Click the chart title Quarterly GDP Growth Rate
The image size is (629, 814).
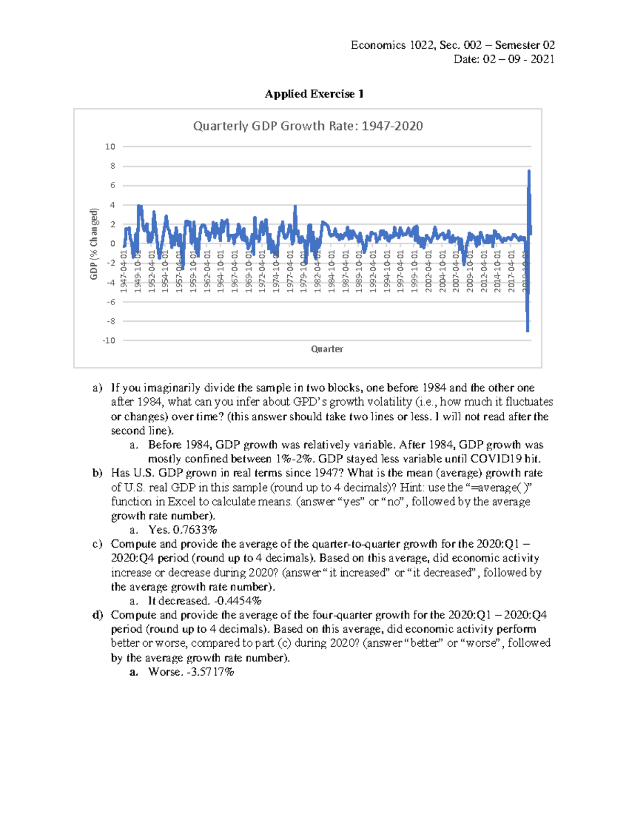pos(308,126)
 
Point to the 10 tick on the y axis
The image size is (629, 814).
pos(110,147)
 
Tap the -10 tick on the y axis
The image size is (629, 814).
pos(109,341)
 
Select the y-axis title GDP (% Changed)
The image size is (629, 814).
pos(94,244)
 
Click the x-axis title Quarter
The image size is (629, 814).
pos(327,349)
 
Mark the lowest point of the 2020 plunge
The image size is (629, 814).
pos(527,330)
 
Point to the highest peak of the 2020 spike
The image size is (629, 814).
pos(529,171)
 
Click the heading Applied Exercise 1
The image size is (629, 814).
pos(314,94)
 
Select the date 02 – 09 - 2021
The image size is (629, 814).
pos(518,59)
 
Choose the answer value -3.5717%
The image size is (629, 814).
pos(210,672)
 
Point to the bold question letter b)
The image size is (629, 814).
pos(97,473)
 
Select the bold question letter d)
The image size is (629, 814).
pos(97,615)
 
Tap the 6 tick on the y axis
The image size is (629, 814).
pos(112,186)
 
